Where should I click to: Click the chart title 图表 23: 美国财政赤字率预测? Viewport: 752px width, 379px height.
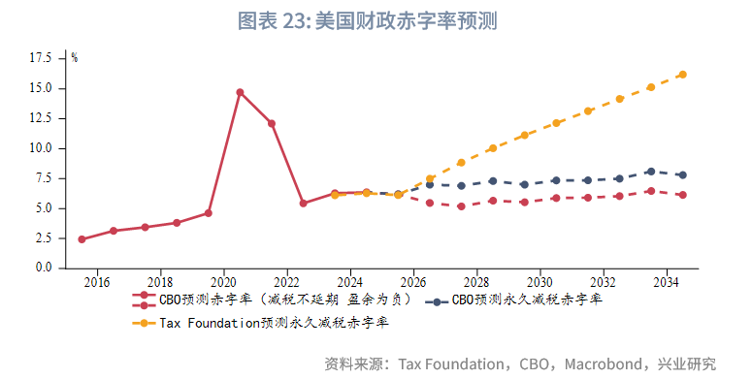click(375, 20)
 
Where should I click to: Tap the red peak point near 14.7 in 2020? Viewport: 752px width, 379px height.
click(240, 92)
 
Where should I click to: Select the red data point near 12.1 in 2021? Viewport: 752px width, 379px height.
click(272, 123)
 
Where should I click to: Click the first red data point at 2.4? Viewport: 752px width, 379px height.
click(82, 238)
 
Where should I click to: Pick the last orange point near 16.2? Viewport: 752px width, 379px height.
click(682, 75)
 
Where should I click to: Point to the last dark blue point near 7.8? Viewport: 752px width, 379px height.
click(682, 174)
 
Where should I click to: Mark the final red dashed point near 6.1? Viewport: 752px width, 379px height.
click(682, 195)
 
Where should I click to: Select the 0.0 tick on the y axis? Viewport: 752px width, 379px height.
click(44, 268)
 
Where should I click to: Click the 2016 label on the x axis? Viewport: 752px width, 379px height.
click(97, 281)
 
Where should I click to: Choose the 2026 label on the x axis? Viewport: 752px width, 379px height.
click(413, 281)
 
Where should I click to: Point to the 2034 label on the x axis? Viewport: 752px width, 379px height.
click(667, 281)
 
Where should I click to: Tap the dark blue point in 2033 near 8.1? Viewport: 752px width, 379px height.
click(650, 172)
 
